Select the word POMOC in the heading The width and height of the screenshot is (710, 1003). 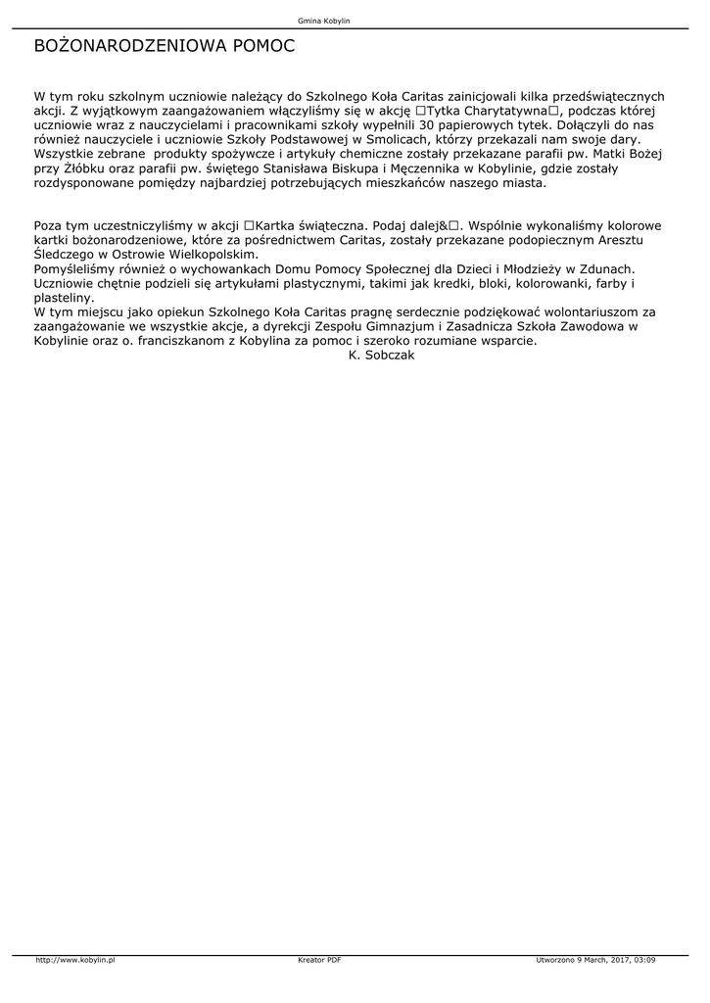(262, 46)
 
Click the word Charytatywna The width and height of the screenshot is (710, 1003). (505, 111)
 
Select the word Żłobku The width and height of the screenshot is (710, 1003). (85, 168)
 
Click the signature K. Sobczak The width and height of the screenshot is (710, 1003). (382, 355)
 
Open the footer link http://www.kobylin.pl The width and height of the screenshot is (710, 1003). (75, 960)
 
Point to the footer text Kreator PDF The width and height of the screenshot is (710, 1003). (319, 960)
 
